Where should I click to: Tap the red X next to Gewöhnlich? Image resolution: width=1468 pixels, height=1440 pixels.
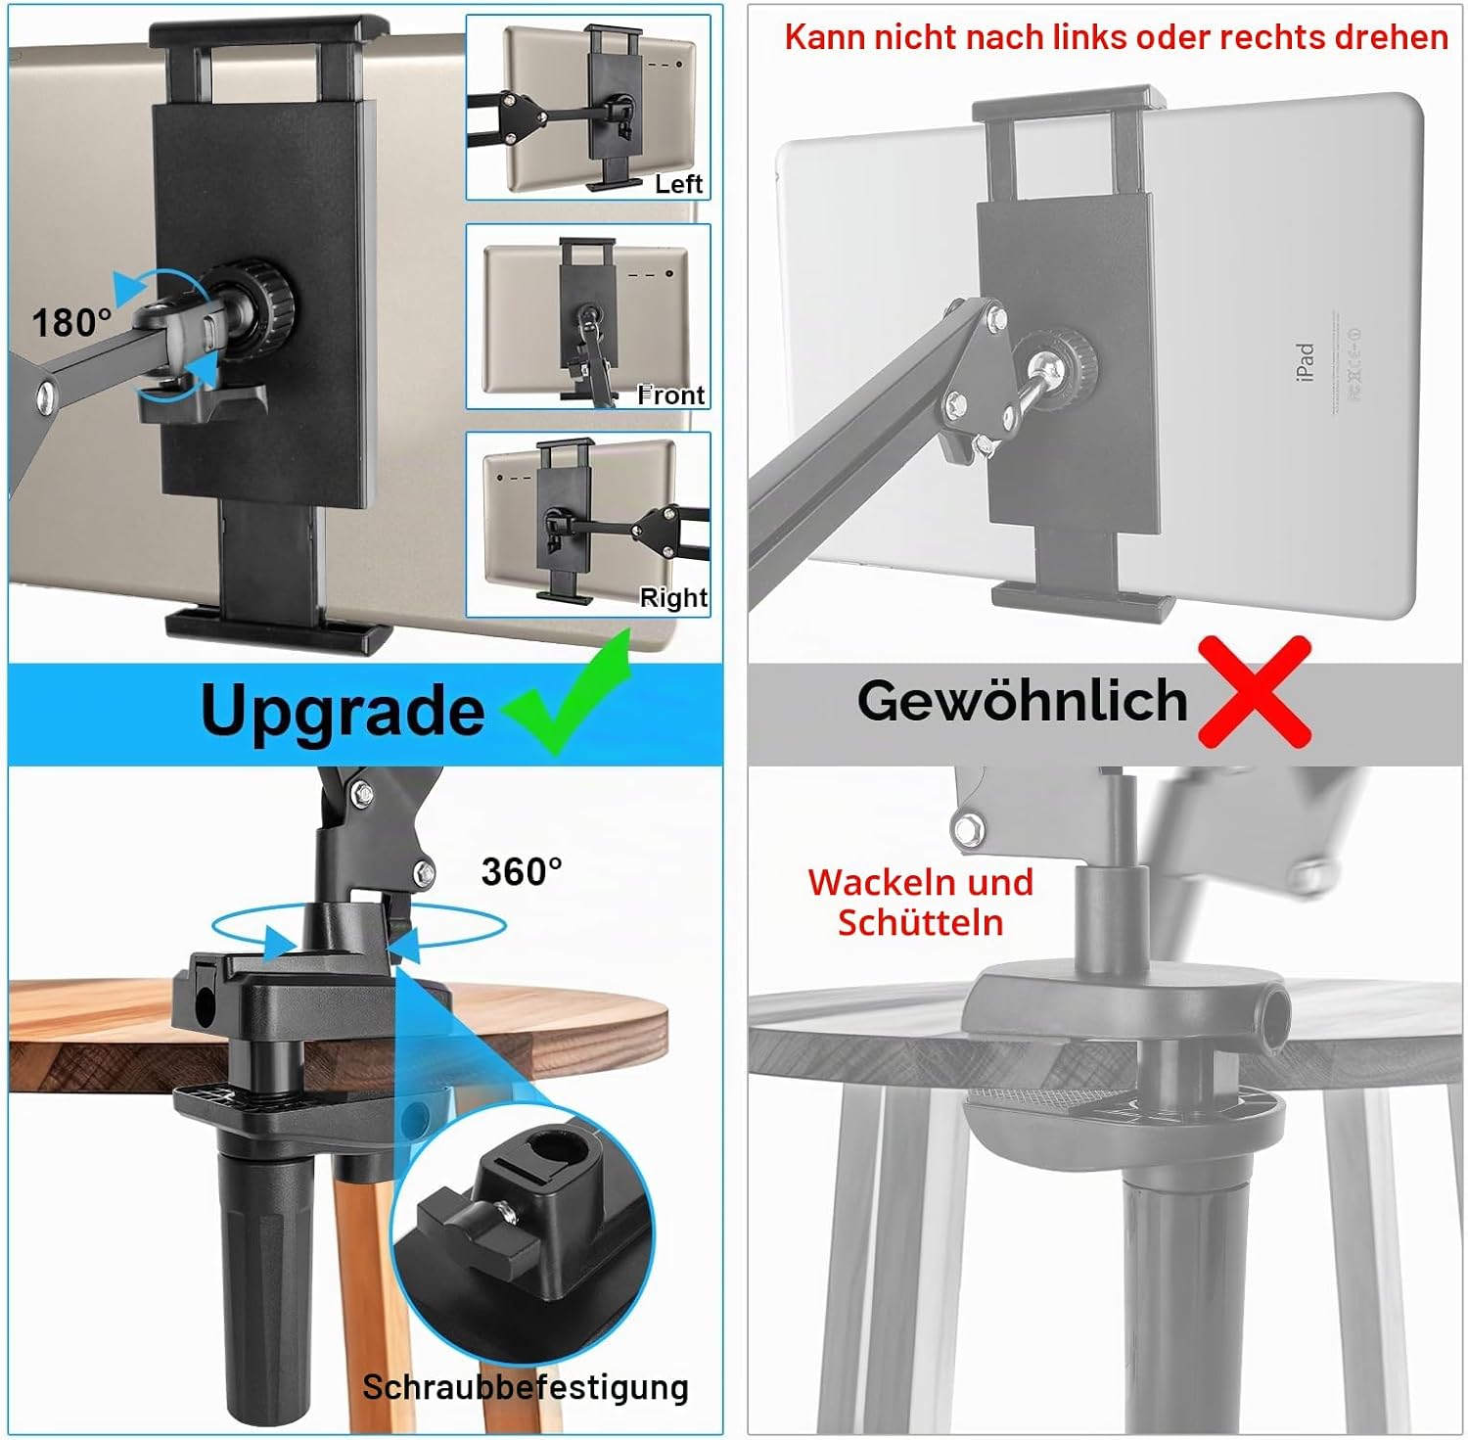[1255, 691]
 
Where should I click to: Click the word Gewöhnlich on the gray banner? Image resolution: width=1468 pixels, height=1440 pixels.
[1022, 700]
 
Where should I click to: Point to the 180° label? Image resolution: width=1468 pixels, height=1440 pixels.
[71, 322]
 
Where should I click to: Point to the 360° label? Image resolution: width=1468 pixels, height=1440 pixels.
[522, 871]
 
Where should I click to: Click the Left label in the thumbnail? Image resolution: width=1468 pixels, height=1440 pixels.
[679, 184]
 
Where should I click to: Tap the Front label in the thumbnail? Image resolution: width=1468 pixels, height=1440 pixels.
[671, 395]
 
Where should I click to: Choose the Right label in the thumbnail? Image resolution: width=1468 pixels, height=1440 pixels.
[673, 597]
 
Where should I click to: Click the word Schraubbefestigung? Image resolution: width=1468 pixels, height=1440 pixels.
[526, 1387]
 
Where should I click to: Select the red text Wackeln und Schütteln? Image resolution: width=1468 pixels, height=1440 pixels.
[920, 903]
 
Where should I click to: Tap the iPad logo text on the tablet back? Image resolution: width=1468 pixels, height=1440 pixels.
[1305, 362]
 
